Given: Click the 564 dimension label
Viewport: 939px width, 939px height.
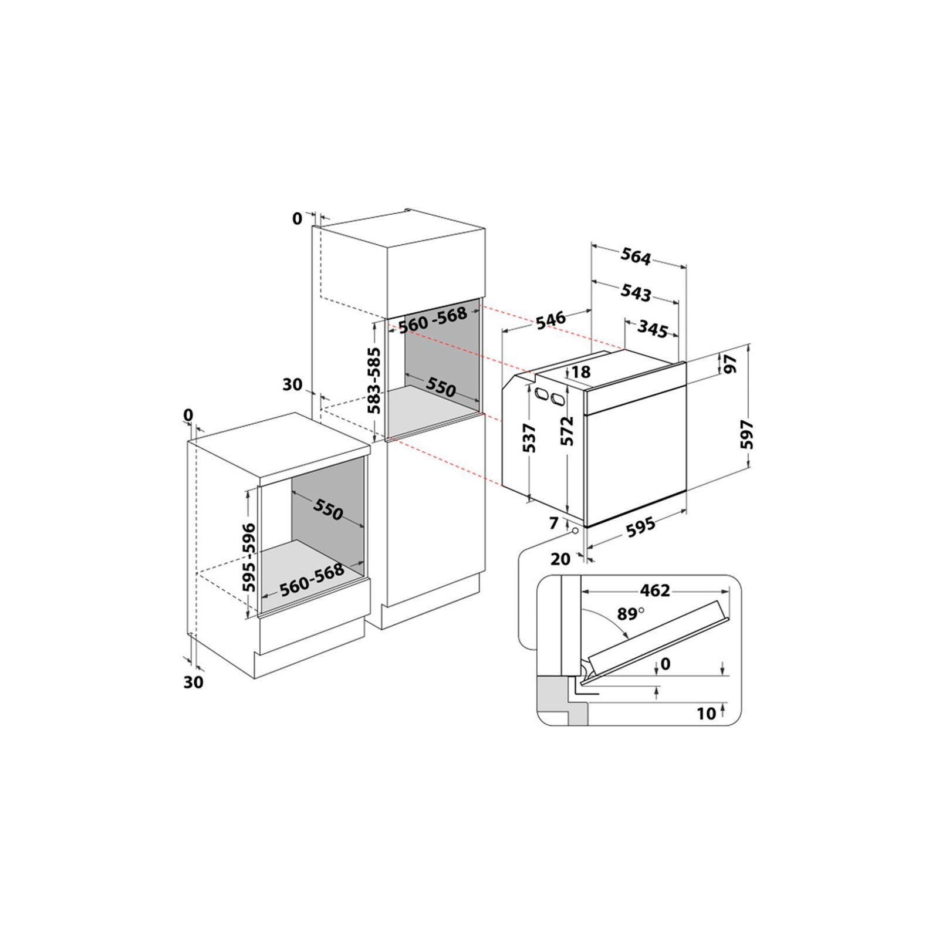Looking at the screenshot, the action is [x=636, y=257].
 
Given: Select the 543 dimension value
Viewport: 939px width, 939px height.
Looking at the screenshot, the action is [x=636, y=292].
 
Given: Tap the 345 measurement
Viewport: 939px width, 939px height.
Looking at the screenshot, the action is [x=653, y=329].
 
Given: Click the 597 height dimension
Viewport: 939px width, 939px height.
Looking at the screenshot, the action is [x=747, y=434].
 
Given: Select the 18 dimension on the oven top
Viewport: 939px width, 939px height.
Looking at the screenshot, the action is [x=580, y=371].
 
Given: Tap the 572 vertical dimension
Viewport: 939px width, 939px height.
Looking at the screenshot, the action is [x=567, y=431].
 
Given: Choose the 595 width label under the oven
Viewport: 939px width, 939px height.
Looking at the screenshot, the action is [x=640, y=527].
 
